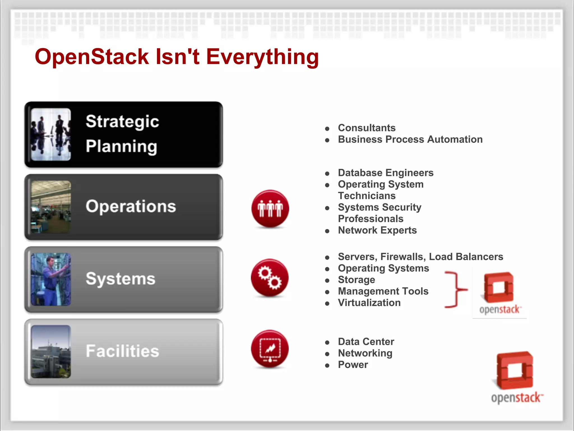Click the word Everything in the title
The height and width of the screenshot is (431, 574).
coord(262,57)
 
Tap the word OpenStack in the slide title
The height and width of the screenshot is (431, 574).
coord(92,57)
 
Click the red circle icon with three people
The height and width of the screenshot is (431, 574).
coord(270,208)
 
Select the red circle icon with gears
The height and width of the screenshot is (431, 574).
coord(270,278)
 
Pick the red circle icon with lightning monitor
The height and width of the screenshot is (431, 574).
coord(270,349)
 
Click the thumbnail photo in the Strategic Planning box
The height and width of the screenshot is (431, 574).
coord(51,134)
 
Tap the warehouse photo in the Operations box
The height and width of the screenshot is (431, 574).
coord(51,207)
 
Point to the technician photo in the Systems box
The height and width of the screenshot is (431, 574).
coord(51,279)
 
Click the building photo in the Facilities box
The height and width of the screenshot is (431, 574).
coord(51,352)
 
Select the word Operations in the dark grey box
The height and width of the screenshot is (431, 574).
coord(131,206)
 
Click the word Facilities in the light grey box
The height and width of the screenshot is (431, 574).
coord(122,351)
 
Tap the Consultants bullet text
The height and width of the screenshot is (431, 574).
coord(367,128)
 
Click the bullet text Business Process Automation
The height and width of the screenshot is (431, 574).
coord(410,139)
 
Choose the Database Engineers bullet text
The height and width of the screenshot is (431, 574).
coord(386,173)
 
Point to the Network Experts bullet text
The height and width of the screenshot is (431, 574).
coord(377,230)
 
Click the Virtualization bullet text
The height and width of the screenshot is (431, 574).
coord(369,303)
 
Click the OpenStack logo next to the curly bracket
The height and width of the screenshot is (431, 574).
coord(499,293)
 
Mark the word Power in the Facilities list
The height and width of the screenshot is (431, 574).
coord(353,365)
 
